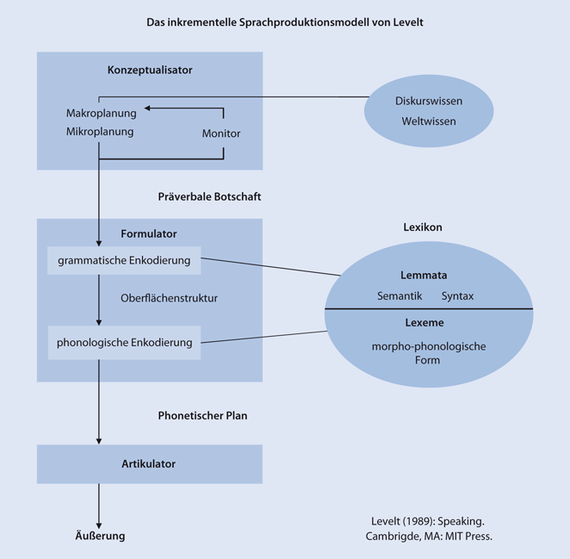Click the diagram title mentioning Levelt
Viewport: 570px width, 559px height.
[x=285, y=22]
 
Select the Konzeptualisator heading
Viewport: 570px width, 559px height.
[x=150, y=70]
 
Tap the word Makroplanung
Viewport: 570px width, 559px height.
[x=100, y=113]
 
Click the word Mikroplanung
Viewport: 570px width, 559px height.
[x=100, y=132]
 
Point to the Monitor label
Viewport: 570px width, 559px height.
[x=221, y=134]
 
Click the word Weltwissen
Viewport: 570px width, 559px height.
[x=429, y=121]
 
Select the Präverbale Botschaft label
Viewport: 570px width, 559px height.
[x=210, y=196]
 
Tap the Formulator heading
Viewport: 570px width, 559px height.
[x=149, y=233]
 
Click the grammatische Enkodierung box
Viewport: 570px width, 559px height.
[x=124, y=259]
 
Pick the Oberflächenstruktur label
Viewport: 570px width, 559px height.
[x=169, y=298]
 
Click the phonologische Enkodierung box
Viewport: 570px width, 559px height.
[x=124, y=342]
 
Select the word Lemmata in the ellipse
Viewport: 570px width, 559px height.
[x=424, y=276]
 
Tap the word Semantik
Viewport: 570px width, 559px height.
[x=400, y=295]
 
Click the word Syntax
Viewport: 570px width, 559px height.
[x=457, y=295]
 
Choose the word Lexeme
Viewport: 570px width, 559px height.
[x=424, y=322]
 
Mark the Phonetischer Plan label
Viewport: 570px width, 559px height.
[x=202, y=415]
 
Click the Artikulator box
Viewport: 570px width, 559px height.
[x=149, y=463]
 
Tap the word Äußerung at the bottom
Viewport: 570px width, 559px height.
[x=97, y=536]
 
